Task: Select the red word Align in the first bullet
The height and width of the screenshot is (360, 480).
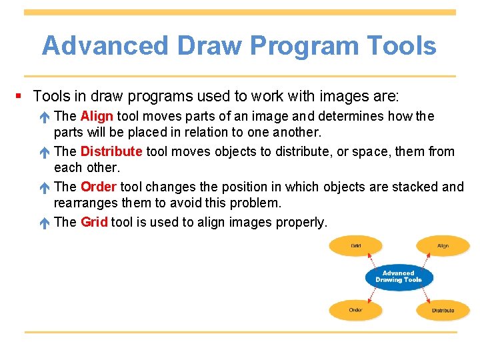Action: pos(97,117)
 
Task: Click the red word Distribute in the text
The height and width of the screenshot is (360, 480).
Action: pos(111,151)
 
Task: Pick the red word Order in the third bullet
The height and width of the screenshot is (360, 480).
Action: pos(99,187)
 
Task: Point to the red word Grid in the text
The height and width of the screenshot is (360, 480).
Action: pos(94,222)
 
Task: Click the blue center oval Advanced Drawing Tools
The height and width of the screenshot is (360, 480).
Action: pos(399,277)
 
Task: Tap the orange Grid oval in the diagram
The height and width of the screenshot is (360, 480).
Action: pos(356,246)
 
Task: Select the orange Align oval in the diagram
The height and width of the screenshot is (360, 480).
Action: pos(443,246)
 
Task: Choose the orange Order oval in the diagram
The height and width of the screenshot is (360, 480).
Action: pos(356,310)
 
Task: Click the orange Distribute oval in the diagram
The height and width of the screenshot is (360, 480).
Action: pos(443,310)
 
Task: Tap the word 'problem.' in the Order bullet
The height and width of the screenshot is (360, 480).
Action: pos(256,203)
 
